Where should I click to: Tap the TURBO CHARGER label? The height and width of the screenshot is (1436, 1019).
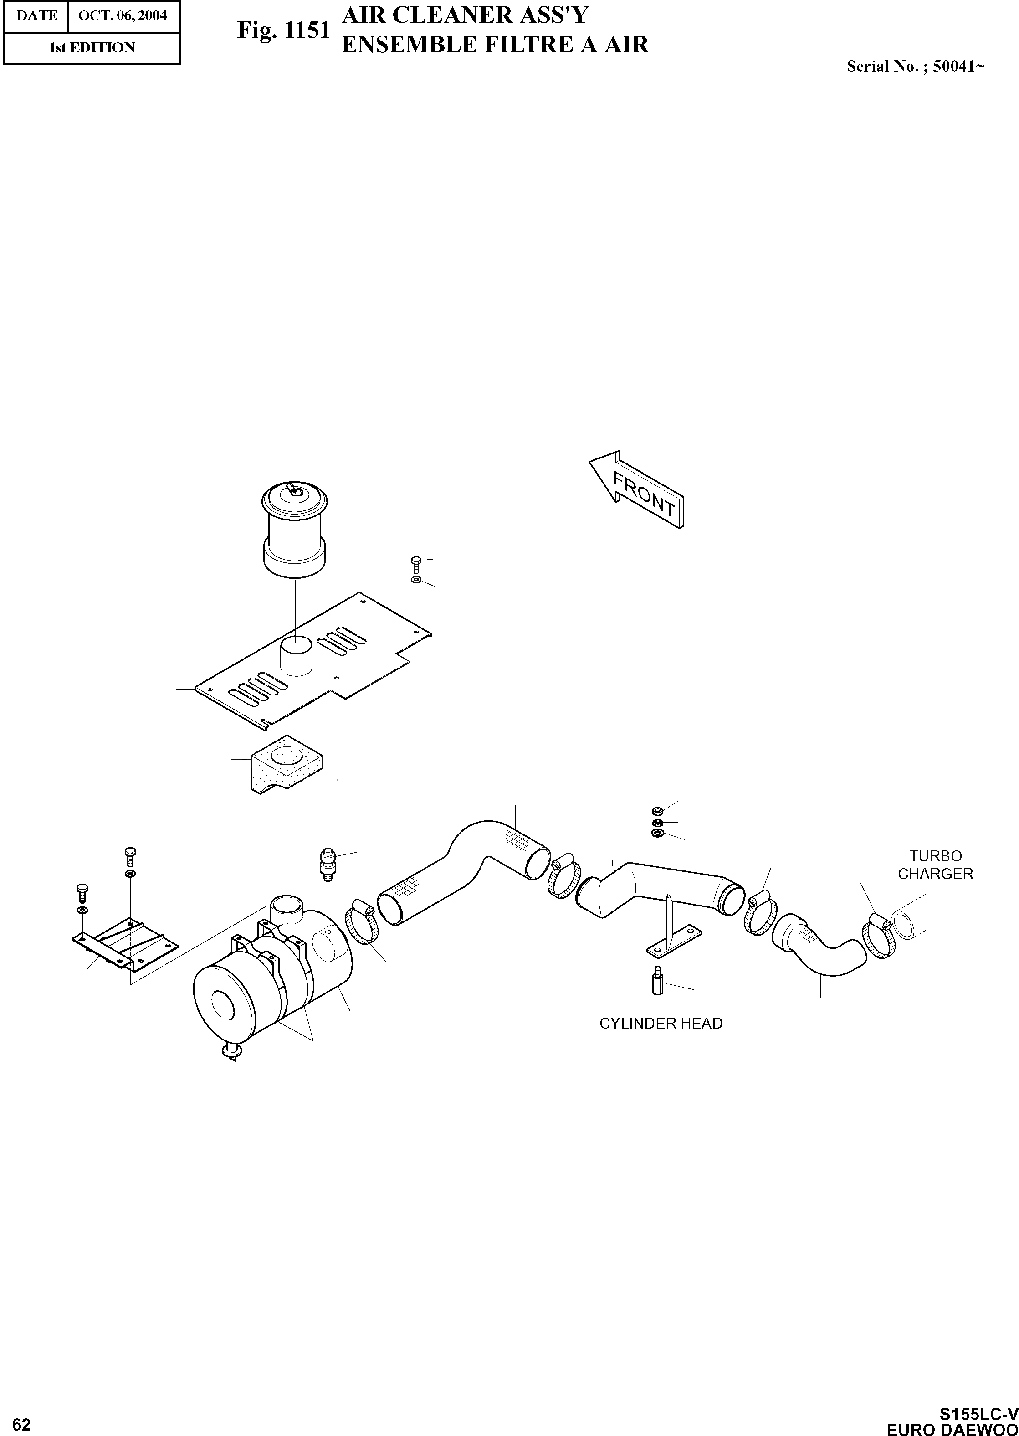[935, 865]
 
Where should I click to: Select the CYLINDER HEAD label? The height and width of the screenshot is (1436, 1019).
[661, 1024]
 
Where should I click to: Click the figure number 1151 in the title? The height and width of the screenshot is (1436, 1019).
[307, 30]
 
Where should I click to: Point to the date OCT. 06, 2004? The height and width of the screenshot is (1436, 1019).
[123, 15]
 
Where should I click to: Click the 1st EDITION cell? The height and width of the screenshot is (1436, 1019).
[92, 48]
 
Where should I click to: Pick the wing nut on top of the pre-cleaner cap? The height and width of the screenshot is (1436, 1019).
[293, 489]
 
